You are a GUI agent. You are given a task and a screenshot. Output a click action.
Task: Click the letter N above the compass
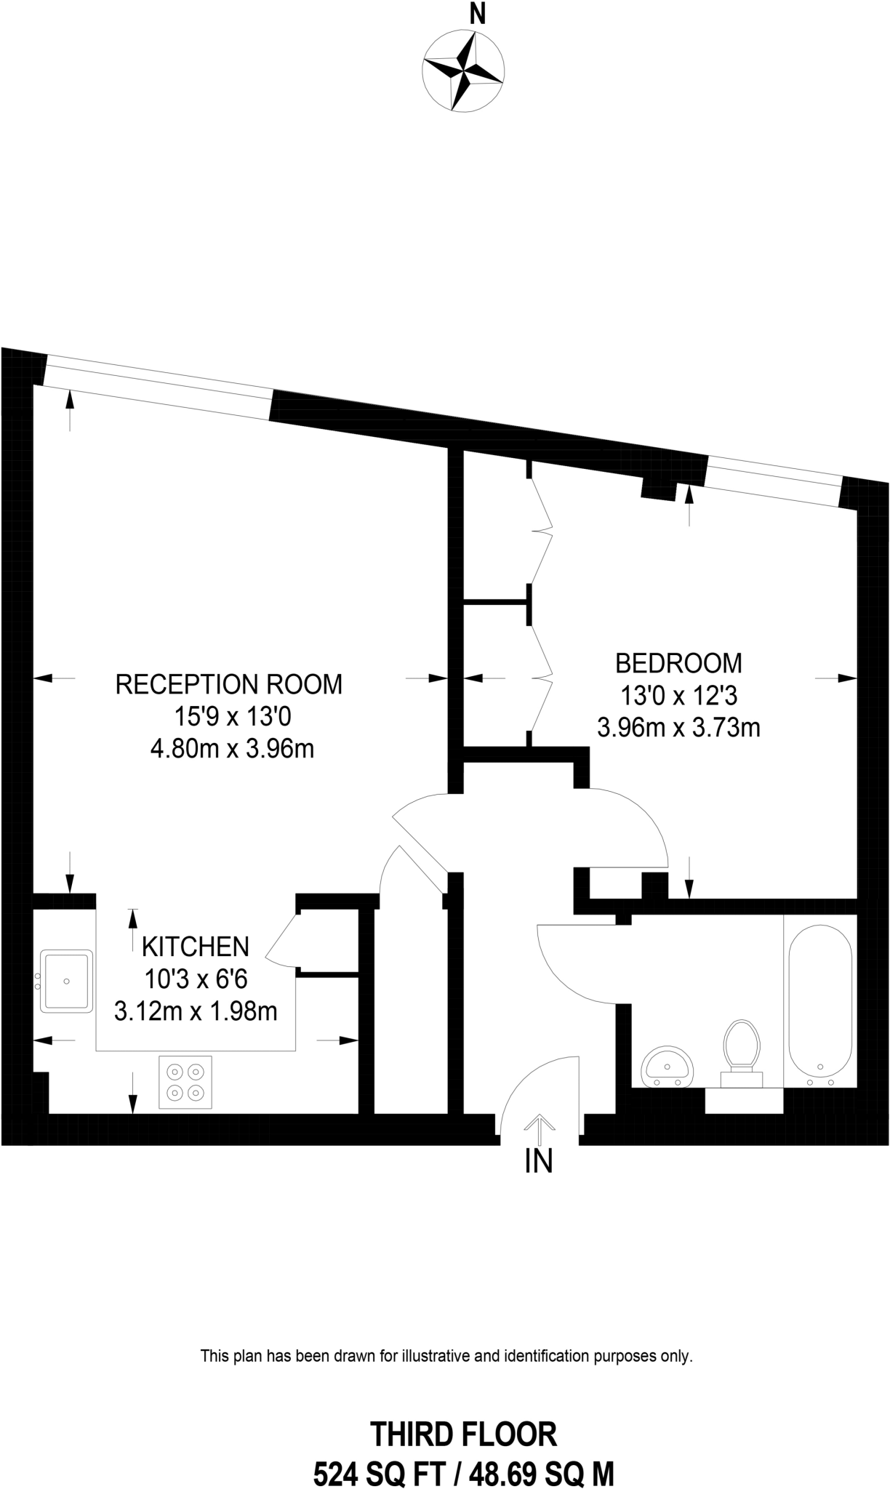tap(477, 15)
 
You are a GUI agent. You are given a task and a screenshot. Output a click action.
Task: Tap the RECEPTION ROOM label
tap(229, 684)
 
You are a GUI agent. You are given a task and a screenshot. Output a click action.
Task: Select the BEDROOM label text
tap(678, 663)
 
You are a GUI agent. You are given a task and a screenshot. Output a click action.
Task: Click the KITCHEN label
tap(196, 946)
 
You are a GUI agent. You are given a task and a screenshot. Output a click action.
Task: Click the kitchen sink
tap(66, 981)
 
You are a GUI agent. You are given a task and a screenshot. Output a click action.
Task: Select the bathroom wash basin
tap(667, 1067)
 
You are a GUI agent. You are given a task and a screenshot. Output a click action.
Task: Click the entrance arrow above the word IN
tap(539, 1125)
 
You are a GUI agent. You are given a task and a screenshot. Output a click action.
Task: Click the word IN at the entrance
tap(539, 1161)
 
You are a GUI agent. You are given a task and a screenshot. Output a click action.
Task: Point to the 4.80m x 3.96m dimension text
tap(232, 748)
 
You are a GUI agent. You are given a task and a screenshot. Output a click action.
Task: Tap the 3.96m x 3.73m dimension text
tap(678, 727)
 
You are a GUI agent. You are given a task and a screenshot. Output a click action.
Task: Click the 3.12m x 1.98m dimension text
tap(196, 1011)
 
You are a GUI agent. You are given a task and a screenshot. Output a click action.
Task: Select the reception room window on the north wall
tap(158, 386)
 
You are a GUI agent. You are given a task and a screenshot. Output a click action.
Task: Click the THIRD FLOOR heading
tap(463, 1434)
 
